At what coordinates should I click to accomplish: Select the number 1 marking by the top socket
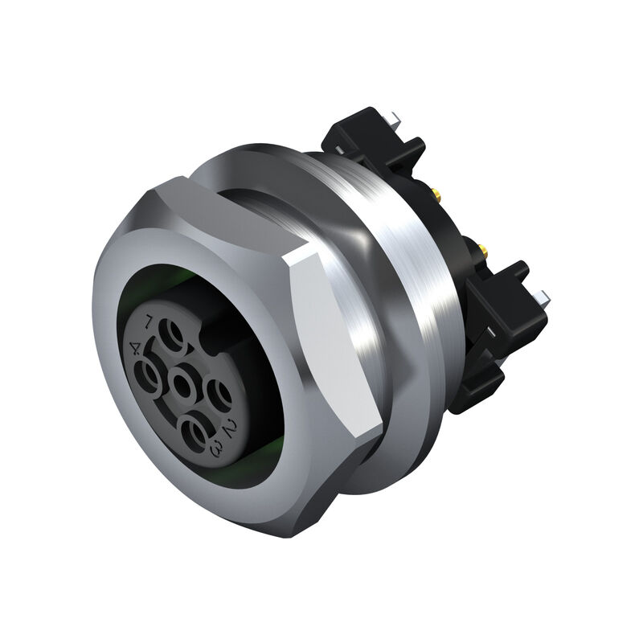tap(148, 323)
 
